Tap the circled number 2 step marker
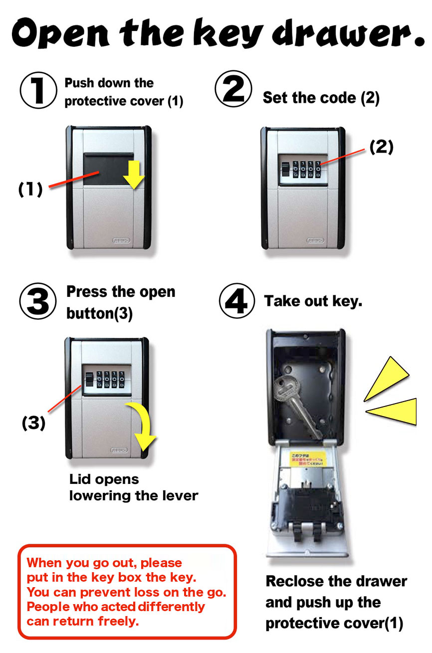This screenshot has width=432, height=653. tap(233, 89)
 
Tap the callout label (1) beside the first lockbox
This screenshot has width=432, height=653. tap(30, 190)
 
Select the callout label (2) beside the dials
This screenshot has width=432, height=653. tap(381, 147)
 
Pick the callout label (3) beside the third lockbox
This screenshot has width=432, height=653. tap(33, 423)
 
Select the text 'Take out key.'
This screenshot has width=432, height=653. tap(313, 301)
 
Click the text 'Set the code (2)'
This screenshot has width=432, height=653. tap(321, 98)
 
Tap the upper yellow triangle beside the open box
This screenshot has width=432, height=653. tap(389, 379)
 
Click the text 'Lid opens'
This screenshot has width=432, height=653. tap(104, 479)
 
